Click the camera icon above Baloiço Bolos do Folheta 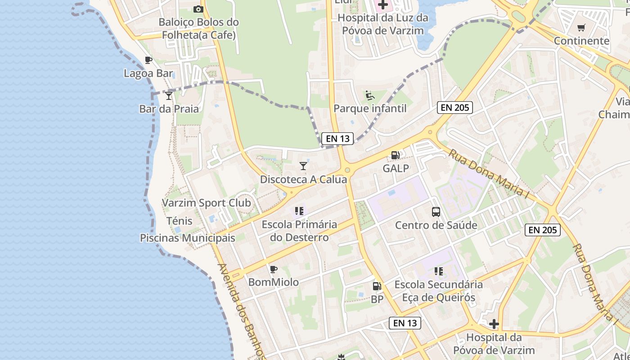coord(198,9)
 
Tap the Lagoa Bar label coord(148,73)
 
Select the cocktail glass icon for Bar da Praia coord(168,95)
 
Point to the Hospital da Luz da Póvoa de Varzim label coord(383,24)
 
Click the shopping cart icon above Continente coord(581,28)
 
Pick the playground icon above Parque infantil coord(370,95)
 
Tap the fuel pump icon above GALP coord(395,155)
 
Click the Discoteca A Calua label coord(304,180)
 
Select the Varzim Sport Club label coord(207,203)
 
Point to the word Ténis coord(180,221)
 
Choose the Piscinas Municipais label coord(188,238)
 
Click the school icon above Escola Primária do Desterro coord(299,211)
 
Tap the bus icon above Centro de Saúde coord(436,211)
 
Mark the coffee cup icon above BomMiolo coord(273,269)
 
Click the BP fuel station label coord(377,299)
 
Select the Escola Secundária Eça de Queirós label coord(439,291)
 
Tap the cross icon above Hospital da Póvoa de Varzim coord(494,324)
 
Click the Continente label coord(581,41)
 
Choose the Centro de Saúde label coord(436,225)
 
